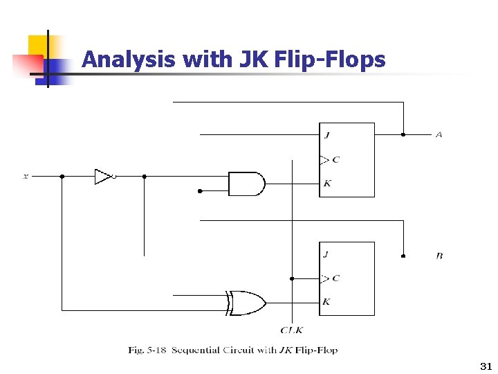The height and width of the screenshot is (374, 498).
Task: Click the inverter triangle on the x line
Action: click(103, 177)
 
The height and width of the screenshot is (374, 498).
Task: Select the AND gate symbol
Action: click(246, 184)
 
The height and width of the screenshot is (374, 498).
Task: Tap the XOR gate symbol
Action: click(248, 303)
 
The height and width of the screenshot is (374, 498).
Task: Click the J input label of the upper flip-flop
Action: click(326, 135)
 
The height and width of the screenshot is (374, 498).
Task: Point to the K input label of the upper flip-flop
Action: click(326, 184)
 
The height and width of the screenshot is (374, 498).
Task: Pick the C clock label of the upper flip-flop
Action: click(335, 159)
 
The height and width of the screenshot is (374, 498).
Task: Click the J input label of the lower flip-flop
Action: click(326, 254)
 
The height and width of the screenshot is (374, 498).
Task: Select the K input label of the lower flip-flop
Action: click(326, 302)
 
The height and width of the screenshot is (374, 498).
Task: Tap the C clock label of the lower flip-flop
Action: click(335, 278)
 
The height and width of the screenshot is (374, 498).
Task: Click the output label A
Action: click(439, 134)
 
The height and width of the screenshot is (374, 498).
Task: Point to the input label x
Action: click(26, 177)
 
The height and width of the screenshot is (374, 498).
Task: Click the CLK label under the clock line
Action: click(291, 330)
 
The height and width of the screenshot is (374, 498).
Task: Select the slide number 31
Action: click(483, 365)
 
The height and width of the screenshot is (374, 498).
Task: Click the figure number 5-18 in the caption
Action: click(156, 350)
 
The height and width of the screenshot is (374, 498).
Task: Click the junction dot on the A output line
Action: click(403, 134)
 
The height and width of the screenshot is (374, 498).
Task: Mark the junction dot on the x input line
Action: click(62, 177)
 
